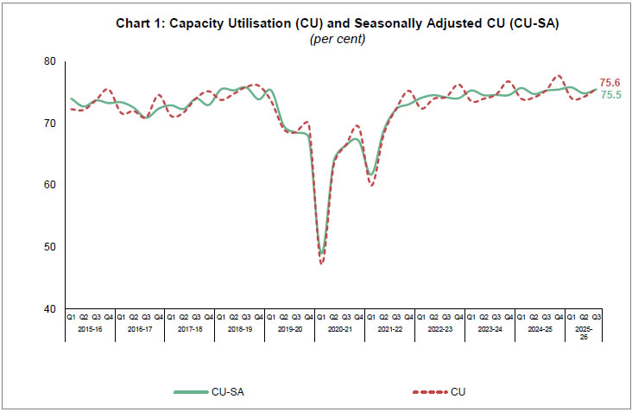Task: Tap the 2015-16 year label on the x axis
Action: point(89,330)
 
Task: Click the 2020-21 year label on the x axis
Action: point(339,330)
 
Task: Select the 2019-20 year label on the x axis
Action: point(289,330)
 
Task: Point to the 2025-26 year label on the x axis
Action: point(584,333)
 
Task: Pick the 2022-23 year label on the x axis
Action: point(439,330)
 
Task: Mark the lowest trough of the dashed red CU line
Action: point(322,263)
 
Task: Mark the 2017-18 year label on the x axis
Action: point(189,330)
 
